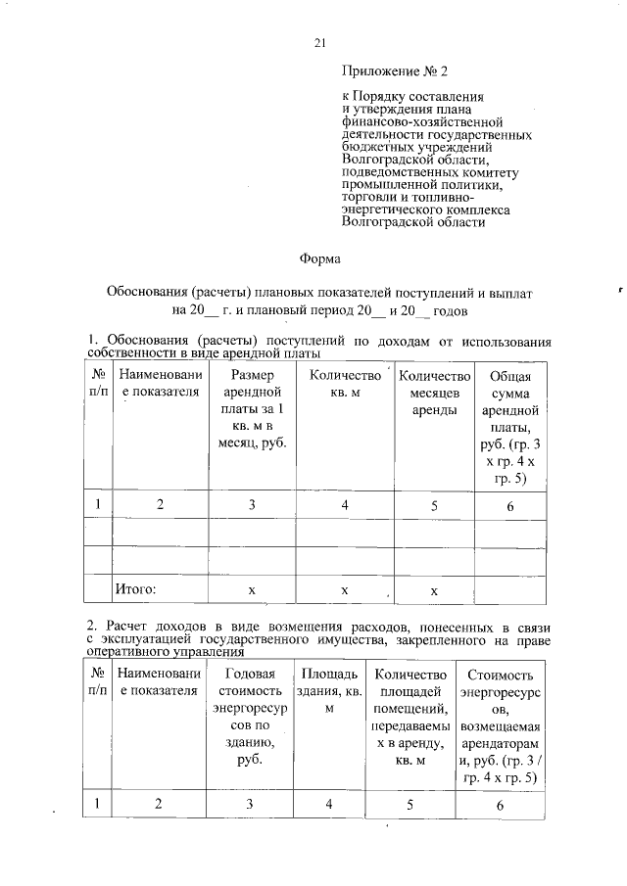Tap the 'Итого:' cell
point(136,589)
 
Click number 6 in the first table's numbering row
point(510,505)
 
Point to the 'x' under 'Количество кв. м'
point(344,590)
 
